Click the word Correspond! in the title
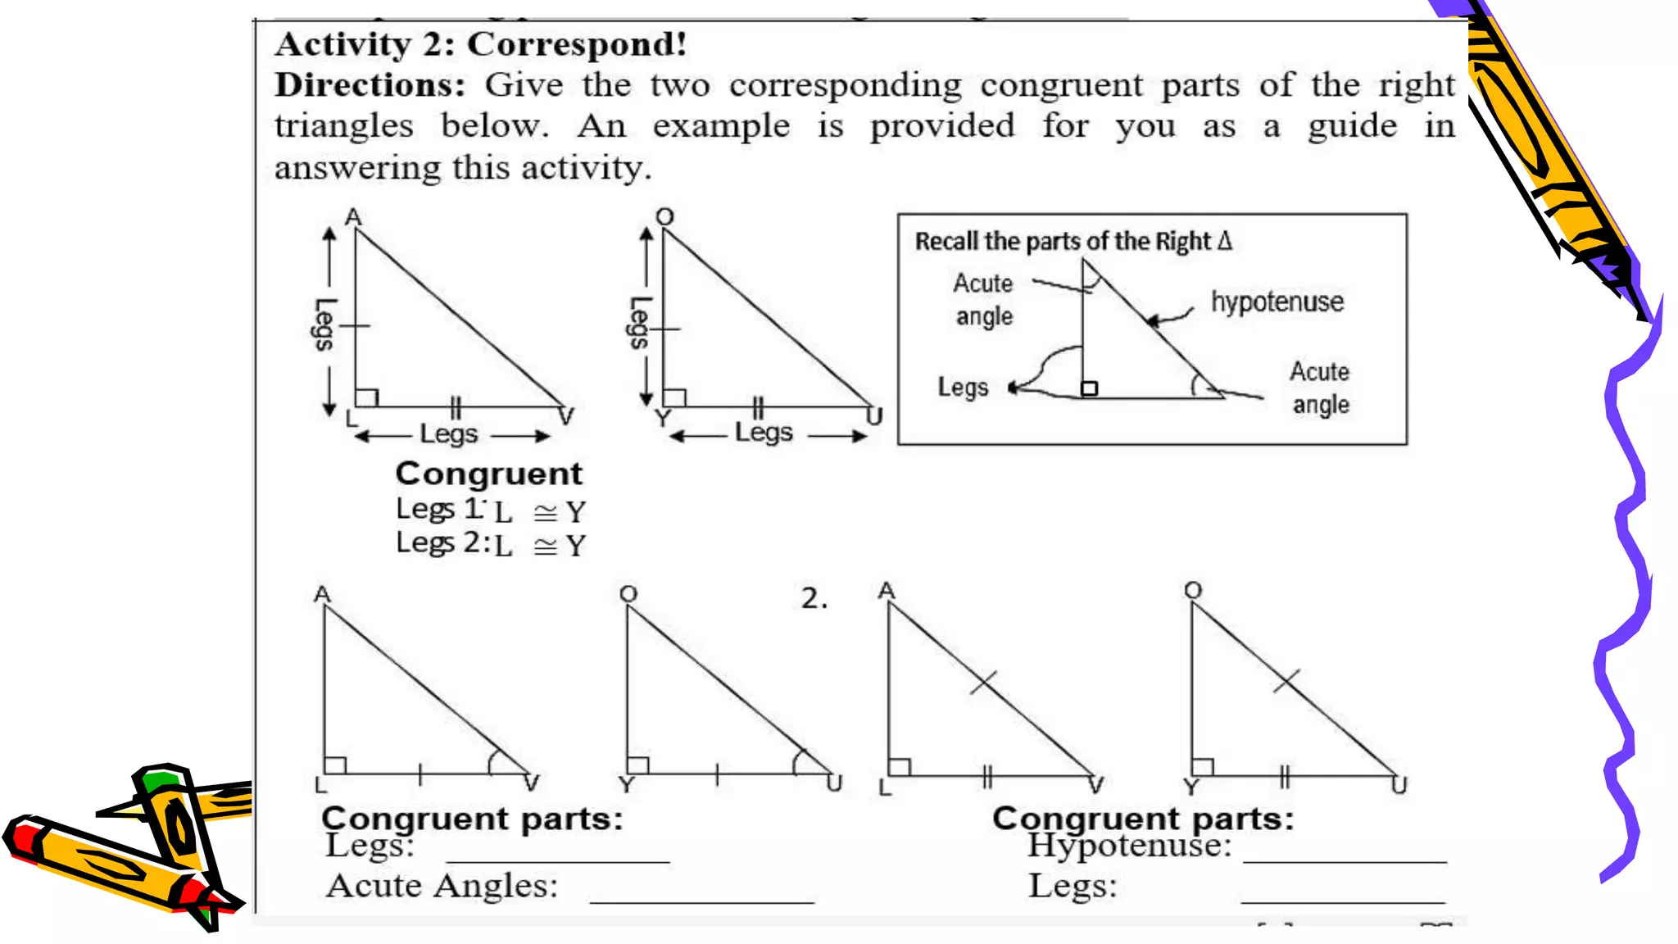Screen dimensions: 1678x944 click(x=577, y=44)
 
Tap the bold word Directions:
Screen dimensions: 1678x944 click(x=370, y=85)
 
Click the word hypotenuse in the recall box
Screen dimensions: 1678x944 click(x=1277, y=302)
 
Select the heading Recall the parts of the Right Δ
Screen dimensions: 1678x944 click(x=1073, y=241)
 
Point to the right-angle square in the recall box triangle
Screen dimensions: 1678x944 click(x=1089, y=388)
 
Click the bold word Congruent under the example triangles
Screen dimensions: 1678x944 click(x=488, y=474)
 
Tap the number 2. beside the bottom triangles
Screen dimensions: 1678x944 click(x=814, y=598)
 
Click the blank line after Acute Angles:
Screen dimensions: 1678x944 click(x=701, y=900)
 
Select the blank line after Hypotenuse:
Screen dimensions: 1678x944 click(x=1345, y=860)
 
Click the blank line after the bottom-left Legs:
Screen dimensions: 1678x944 click(x=557, y=860)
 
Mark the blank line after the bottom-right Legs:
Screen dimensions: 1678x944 click(x=1343, y=900)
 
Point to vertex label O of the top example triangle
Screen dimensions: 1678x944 click(x=664, y=216)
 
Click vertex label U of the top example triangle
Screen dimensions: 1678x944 click(x=875, y=417)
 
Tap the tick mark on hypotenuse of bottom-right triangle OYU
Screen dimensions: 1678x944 click(x=1286, y=680)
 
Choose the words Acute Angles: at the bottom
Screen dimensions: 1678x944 click(x=442, y=886)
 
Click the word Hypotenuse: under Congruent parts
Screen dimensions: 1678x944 click(x=1129, y=846)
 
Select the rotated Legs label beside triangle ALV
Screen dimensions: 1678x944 click(x=325, y=324)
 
